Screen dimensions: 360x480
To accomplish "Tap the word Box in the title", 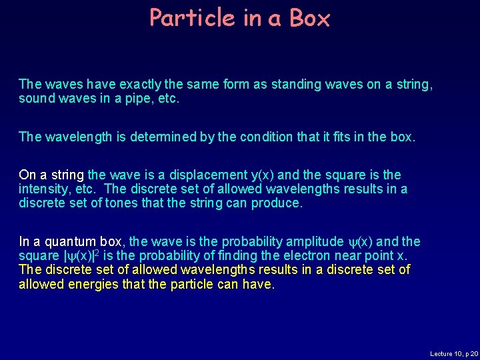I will pos(310,18).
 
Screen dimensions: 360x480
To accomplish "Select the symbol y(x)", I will pos(262,175).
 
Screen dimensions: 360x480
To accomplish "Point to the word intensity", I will pos(42,189).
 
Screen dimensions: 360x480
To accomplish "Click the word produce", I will pos(277,203).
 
